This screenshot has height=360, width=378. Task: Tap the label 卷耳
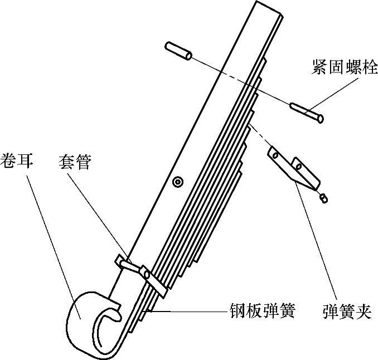[18, 161]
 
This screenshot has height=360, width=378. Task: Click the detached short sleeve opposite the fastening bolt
[178, 51]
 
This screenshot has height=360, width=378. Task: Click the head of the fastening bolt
[318, 118]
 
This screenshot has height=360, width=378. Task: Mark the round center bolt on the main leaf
[178, 181]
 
